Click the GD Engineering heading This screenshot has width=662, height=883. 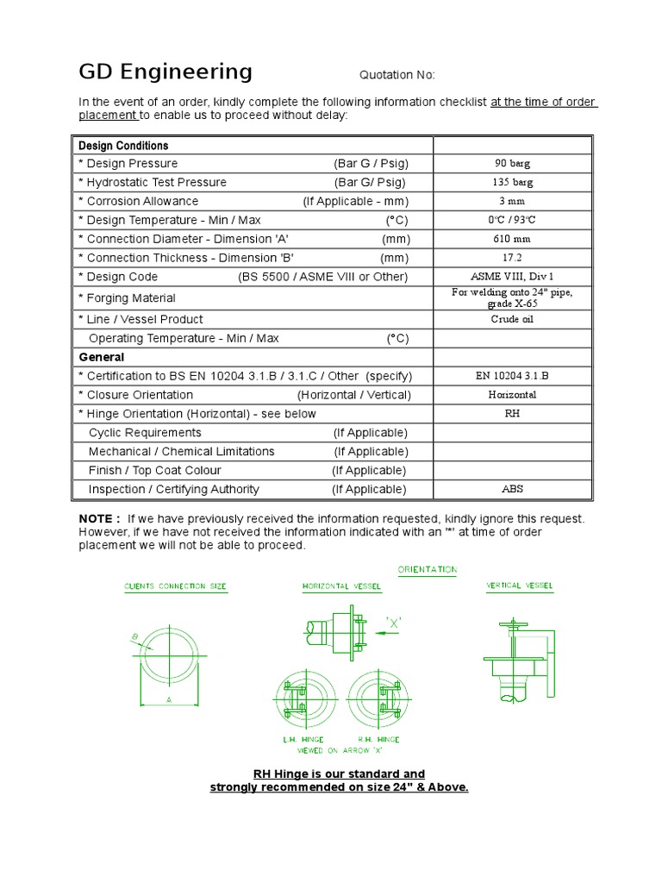pos(165,72)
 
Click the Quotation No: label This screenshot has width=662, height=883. pos(397,75)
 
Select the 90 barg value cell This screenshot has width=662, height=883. pos(512,164)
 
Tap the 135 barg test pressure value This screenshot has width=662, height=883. pos(512,183)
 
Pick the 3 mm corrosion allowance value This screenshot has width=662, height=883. pos(512,202)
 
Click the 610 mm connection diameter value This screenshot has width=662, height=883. pos(512,239)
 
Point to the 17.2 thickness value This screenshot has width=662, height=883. pos(512,258)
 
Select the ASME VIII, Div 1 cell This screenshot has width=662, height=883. pos(512,277)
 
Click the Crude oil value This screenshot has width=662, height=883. pos(512,319)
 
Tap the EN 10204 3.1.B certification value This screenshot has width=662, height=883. pos(512,376)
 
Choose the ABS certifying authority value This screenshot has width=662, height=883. pos(512,489)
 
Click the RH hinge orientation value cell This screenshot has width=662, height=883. pos(512,414)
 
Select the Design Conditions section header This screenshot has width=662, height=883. pos(123,146)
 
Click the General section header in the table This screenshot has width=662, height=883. pos(102,357)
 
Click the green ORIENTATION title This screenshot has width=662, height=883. pos(428,570)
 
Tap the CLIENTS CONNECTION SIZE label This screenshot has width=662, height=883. pos(176,586)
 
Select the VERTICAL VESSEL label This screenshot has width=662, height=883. pos(520,586)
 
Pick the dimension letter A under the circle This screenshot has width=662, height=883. pos(169,700)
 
